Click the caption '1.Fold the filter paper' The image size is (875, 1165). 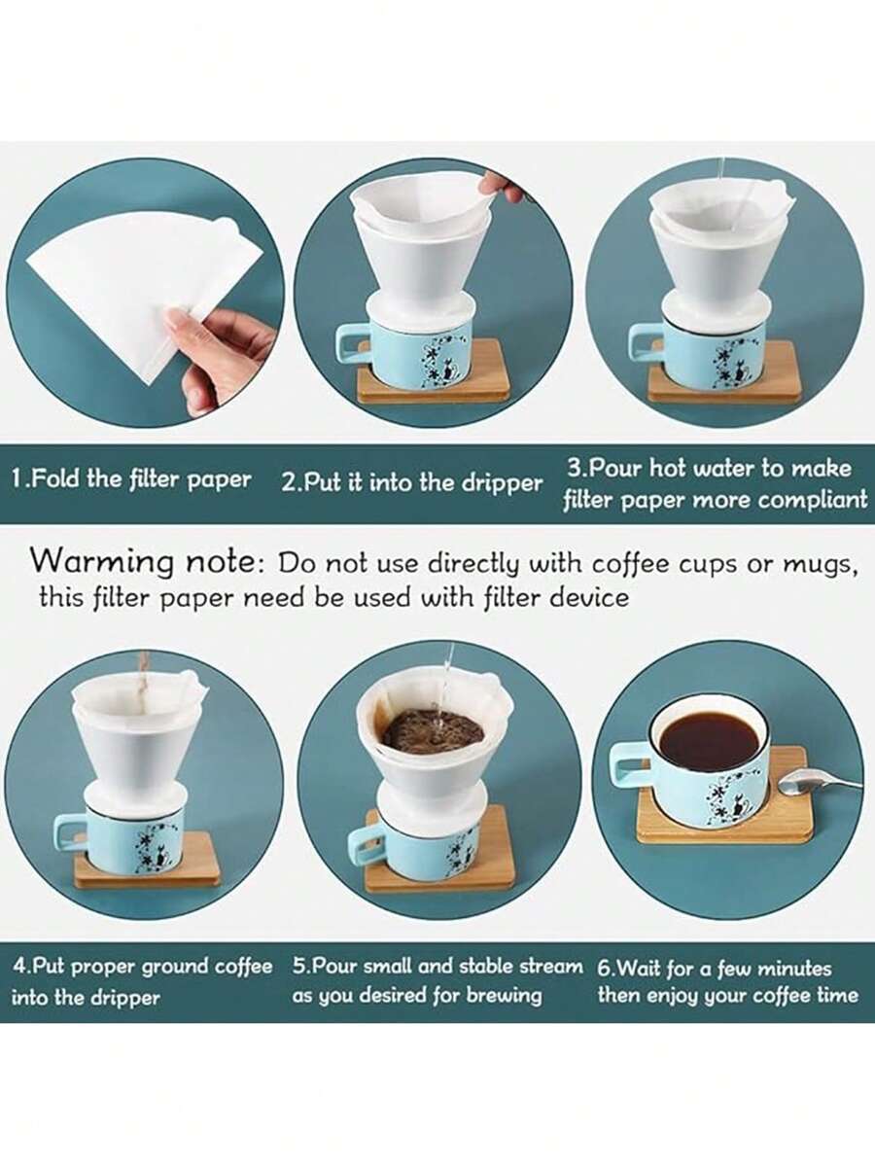pyautogui.click(x=131, y=478)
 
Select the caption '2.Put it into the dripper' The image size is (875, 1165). pyautogui.click(x=411, y=483)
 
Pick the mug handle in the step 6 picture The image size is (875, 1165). pyautogui.click(x=629, y=763)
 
